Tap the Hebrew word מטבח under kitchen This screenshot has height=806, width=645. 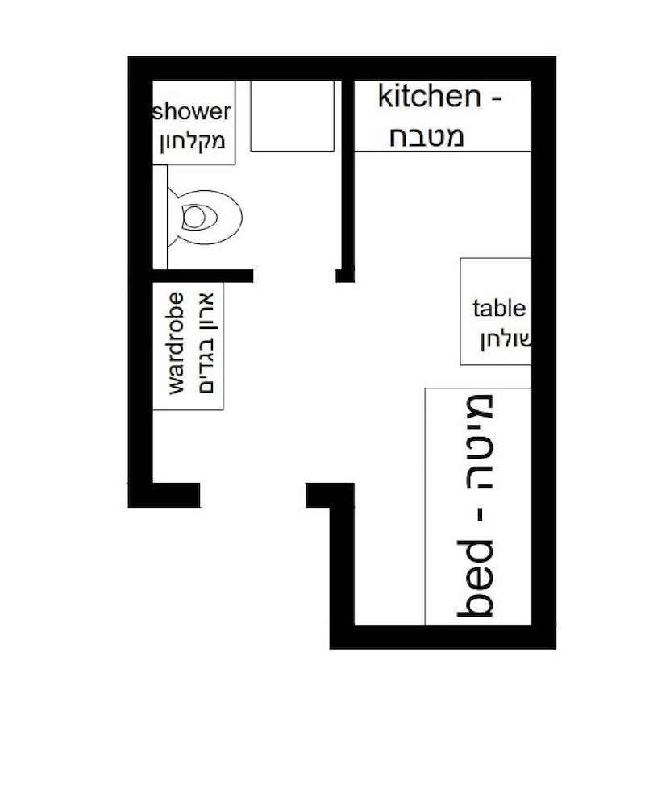pos(427,137)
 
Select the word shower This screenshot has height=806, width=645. pos(191,111)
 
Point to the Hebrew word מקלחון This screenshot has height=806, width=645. pos(193,141)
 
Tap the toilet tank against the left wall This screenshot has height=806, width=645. pos(160,216)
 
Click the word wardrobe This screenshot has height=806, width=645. pos(176,343)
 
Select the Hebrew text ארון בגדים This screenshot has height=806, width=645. pos(206,343)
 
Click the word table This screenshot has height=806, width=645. pos(499,309)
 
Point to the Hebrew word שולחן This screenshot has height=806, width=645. pos(506,340)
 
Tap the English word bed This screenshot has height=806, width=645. pos(475,578)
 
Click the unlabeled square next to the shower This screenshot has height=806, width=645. pos(292,115)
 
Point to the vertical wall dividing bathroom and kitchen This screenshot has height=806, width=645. pos(347,175)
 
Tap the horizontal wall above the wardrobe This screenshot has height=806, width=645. pos(202,276)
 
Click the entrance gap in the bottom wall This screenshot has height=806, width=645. pos(253,495)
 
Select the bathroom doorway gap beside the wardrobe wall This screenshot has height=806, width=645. pos(294,276)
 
